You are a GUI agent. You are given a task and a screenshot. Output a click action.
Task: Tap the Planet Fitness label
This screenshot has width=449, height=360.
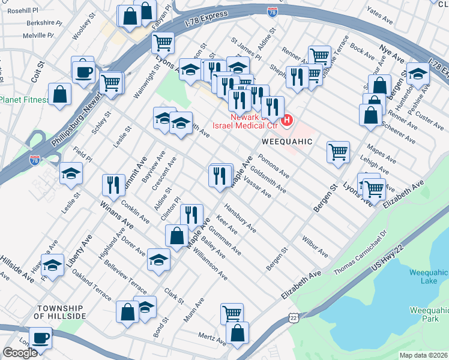[x=24, y=99]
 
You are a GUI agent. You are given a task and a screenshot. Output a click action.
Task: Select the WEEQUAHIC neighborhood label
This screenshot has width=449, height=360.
[x=287, y=141]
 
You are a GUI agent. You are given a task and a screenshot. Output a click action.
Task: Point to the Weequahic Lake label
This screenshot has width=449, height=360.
[x=428, y=277]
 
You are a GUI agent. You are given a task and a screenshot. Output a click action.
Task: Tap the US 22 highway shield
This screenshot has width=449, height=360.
[x=292, y=316]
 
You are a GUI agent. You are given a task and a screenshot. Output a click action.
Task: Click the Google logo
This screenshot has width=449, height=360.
[x=20, y=353]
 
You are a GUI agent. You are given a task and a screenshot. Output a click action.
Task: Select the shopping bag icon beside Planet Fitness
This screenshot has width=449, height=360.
[x=59, y=94]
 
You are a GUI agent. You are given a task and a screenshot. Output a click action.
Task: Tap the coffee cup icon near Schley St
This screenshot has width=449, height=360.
[x=83, y=72]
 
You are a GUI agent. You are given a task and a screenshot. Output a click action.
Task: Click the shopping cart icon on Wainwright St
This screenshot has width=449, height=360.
[x=162, y=43]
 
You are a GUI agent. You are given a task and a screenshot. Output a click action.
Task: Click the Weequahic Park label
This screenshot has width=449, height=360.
[x=428, y=315]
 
